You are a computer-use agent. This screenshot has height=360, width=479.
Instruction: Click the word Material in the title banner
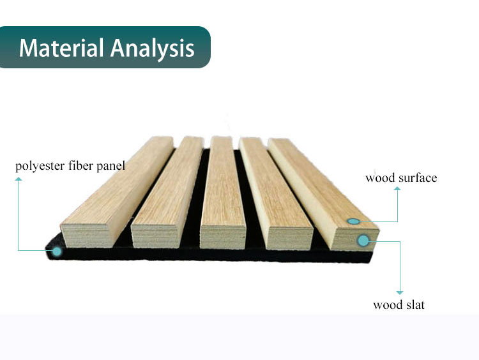coord(61,48)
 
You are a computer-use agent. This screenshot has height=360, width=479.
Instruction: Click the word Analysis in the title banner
coord(153,49)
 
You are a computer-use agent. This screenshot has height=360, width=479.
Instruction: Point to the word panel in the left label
coord(111,167)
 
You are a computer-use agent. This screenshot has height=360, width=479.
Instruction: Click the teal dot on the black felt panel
coord(57,251)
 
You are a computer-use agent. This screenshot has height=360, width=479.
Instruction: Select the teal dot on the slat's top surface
coord(353,221)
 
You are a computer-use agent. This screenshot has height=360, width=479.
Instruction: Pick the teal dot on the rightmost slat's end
coord(363,241)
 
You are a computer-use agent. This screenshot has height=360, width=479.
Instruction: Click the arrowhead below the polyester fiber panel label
coord(19,179)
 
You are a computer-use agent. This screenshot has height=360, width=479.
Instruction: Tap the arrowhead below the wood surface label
coord(397,189)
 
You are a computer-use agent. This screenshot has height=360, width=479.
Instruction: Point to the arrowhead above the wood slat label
coord(400,292)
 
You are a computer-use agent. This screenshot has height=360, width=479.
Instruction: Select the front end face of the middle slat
coord(223,237)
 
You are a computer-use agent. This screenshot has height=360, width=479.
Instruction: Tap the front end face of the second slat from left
coord(155,237)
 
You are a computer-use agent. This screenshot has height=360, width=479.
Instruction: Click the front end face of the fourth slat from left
coord(290,238)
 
